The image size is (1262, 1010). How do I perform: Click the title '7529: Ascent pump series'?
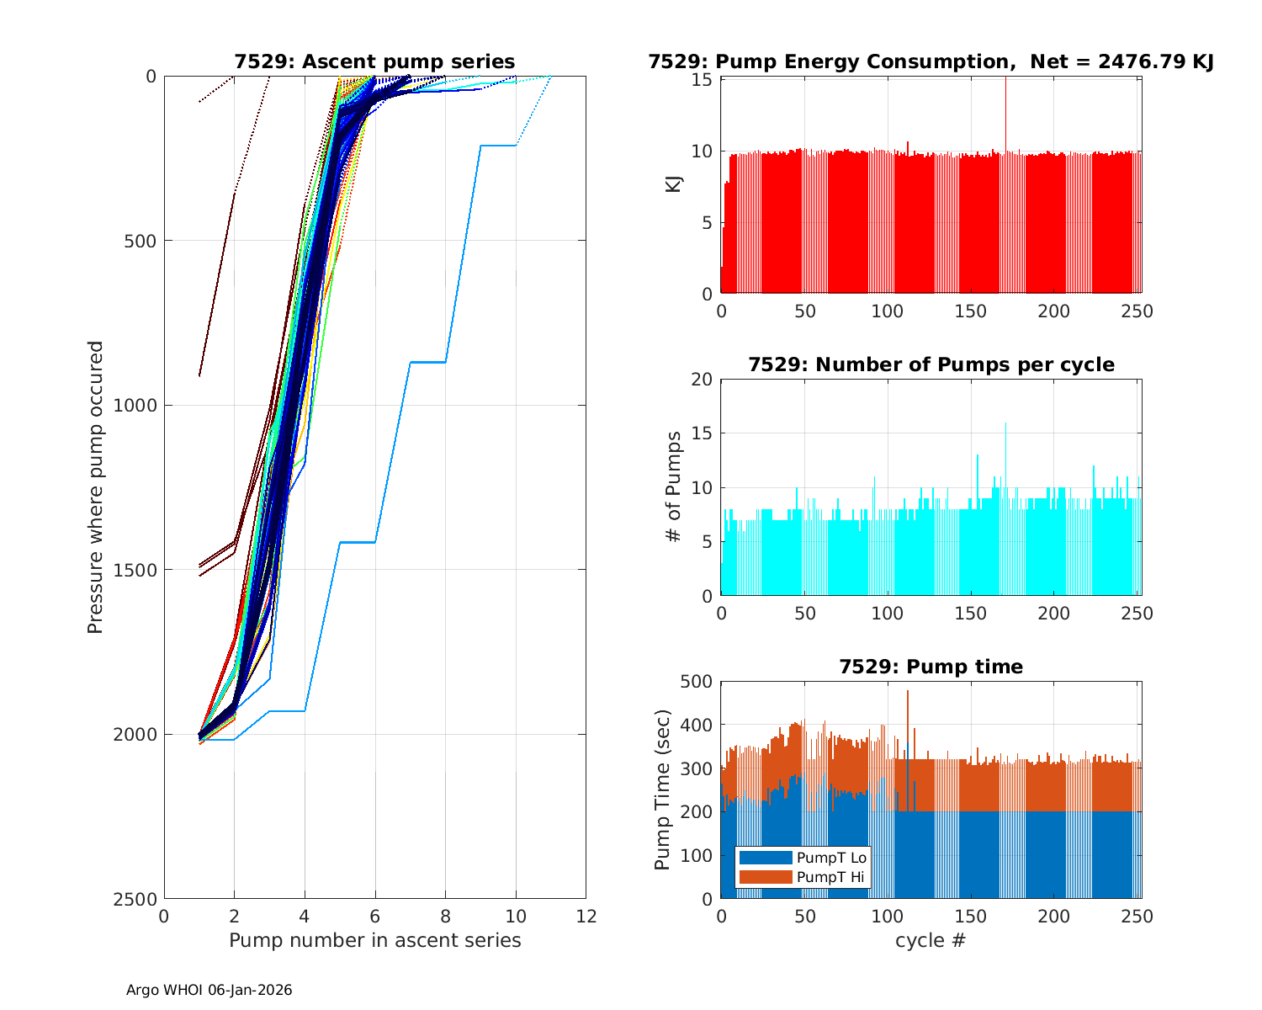[x=374, y=61]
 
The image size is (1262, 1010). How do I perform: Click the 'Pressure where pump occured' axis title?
[x=95, y=486]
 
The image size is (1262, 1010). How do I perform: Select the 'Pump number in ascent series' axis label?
[x=374, y=940]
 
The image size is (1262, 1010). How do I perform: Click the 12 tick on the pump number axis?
[x=586, y=916]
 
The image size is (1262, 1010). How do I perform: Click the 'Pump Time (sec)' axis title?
[x=663, y=790]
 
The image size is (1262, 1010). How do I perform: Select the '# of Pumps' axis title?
[x=673, y=487]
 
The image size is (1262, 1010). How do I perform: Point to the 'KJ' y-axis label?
[x=673, y=183]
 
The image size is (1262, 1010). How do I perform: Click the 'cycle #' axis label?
[x=930, y=940]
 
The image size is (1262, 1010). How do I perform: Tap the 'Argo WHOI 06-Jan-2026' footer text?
[x=209, y=990]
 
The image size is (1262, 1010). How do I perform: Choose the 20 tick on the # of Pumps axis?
[x=703, y=380]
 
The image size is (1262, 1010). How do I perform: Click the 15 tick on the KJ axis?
[x=703, y=80]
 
